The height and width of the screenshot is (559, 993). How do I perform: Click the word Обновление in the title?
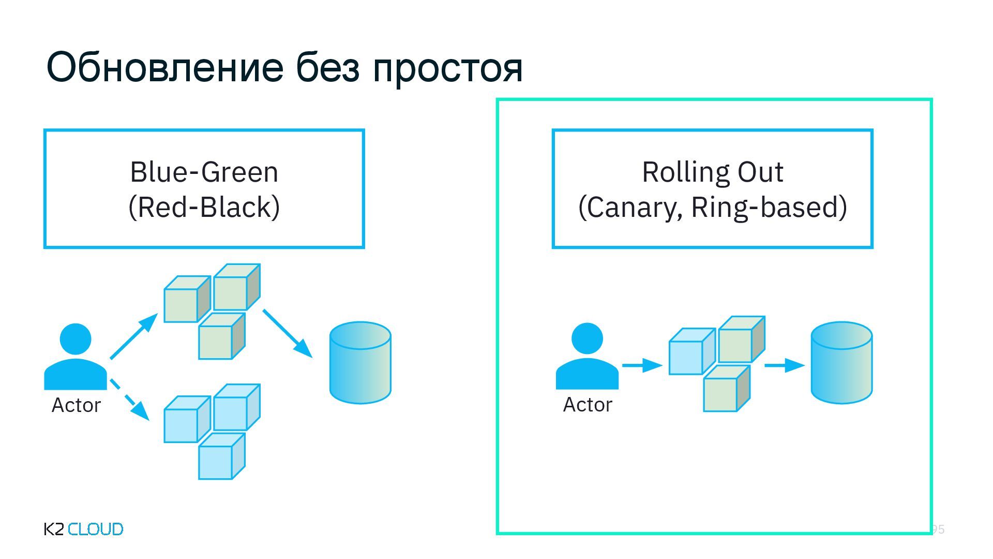[165, 67]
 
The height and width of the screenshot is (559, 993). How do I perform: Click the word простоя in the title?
[447, 68]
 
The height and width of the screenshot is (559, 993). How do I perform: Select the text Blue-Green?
[204, 172]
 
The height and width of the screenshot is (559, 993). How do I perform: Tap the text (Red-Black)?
[204, 207]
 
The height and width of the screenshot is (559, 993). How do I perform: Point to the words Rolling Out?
[712, 172]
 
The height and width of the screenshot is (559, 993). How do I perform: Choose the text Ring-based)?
[769, 207]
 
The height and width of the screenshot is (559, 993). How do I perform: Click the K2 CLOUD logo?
[84, 529]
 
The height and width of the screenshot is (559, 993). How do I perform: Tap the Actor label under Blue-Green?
[76, 405]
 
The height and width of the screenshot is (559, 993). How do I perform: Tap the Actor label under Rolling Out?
[587, 404]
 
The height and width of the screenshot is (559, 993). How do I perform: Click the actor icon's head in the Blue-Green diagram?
[76, 339]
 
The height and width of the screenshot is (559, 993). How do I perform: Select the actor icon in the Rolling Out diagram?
[587, 357]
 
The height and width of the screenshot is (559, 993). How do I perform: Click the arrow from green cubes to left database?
[287, 333]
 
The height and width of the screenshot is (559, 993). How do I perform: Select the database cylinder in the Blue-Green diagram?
[360, 363]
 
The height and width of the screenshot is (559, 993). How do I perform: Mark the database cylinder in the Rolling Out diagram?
[841, 362]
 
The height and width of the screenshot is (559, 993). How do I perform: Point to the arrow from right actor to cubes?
[641, 365]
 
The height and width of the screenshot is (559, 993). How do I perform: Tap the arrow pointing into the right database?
[784, 365]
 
